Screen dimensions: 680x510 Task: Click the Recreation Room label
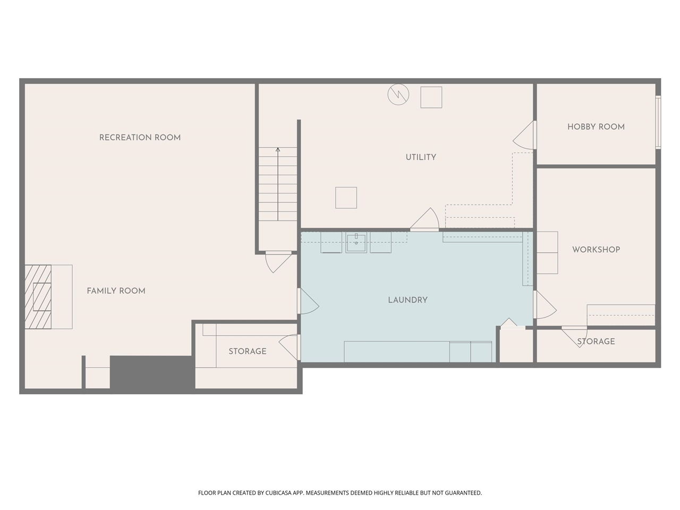[140, 138]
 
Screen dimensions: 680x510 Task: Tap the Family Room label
[116, 291]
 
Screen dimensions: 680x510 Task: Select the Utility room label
[421, 157]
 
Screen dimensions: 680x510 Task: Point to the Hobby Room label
[596, 127]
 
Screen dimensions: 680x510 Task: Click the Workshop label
[596, 250]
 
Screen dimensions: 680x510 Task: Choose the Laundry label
[407, 300]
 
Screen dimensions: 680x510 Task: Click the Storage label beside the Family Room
[247, 352]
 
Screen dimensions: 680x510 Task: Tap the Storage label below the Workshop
[596, 342]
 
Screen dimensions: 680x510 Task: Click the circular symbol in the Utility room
[398, 95]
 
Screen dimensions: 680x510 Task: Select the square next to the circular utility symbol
[431, 97]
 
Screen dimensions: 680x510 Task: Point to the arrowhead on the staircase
[278, 150]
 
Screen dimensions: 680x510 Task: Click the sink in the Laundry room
[356, 242]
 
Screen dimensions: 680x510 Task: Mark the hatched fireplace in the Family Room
[38, 296]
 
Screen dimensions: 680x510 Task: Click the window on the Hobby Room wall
[658, 122]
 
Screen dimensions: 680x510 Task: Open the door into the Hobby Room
[524, 135]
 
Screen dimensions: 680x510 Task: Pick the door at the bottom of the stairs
[278, 262]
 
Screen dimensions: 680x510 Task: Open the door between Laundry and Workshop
[545, 304]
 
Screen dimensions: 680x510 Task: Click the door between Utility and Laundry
[424, 219]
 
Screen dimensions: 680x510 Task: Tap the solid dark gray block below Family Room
[152, 375]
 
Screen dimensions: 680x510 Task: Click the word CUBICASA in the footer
[278, 492]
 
